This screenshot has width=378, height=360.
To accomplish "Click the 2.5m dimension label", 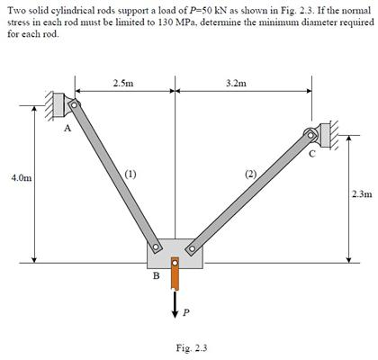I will (123, 83).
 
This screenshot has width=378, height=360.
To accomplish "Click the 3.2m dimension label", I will (237, 83).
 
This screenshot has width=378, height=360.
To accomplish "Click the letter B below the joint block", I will (155, 277).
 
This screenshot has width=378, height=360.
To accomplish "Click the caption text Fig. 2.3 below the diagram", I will (189, 347).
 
